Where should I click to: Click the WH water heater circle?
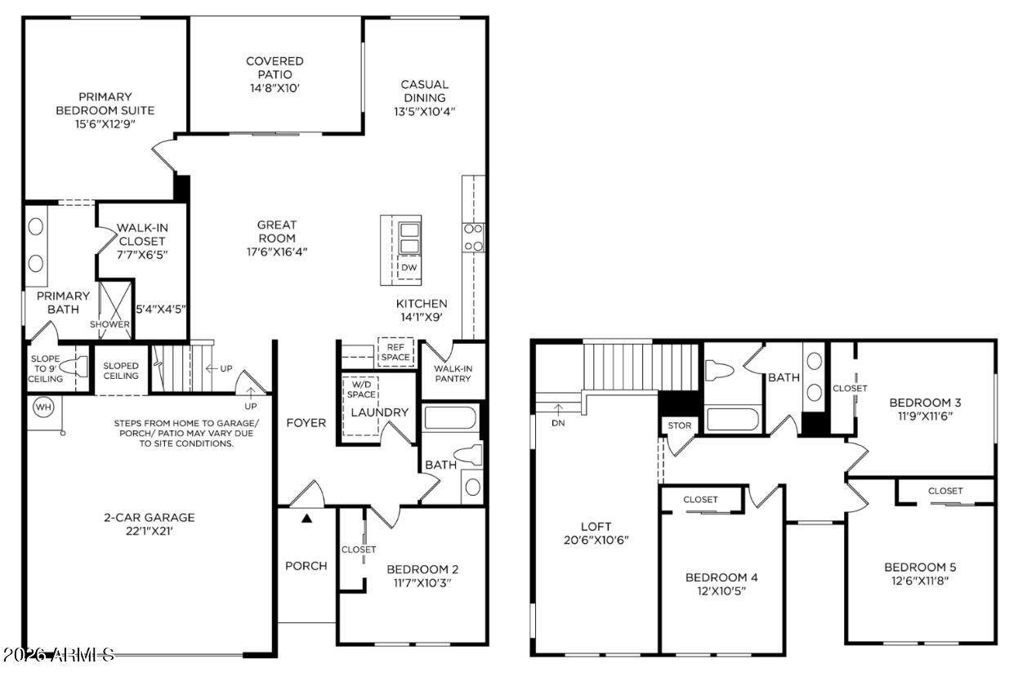click(x=43, y=407)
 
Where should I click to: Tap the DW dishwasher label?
click(x=409, y=267)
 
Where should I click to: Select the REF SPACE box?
click(x=395, y=352)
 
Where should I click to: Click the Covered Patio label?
click(x=275, y=67)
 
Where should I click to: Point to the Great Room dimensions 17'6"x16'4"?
click(x=277, y=252)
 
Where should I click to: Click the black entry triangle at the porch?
click(x=306, y=519)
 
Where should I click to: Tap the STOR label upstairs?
click(x=680, y=425)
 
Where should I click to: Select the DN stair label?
click(x=558, y=423)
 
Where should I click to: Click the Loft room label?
click(x=596, y=527)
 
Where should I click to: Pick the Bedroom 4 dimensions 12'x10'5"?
click(x=721, y=591)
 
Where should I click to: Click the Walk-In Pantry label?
click(x=453, y=373)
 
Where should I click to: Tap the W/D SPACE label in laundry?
click(x=361, y=390)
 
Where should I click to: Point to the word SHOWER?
click(x=109, y=324)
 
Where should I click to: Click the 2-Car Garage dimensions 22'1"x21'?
click(x=150, y=531)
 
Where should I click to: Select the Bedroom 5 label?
click(x=920, y=568)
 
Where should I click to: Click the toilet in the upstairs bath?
click(x=719, y=369)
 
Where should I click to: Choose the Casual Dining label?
click(x=425, y=91)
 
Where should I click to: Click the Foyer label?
click(x=306, y=422)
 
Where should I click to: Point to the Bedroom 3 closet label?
click(x=850, y=388)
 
